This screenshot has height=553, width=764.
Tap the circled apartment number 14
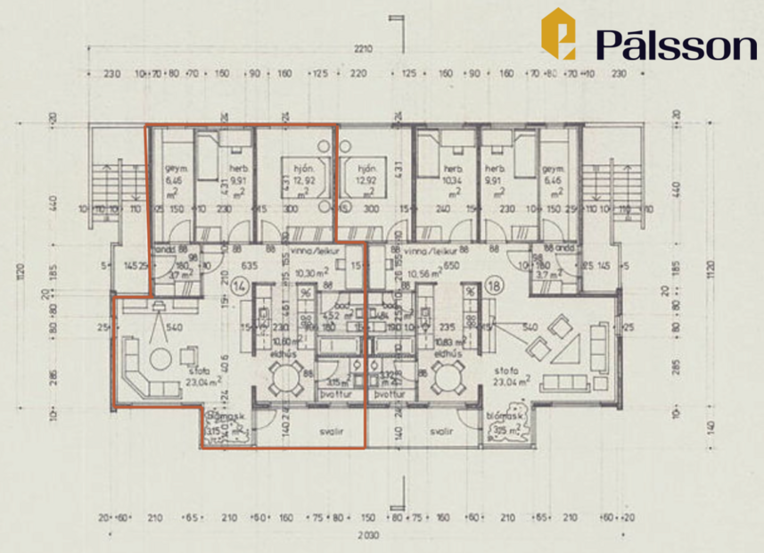point(239,286)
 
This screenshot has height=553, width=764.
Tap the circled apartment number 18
point(497,286)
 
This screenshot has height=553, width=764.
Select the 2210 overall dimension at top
point(362,48)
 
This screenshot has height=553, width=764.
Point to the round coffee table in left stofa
point(160,359)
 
